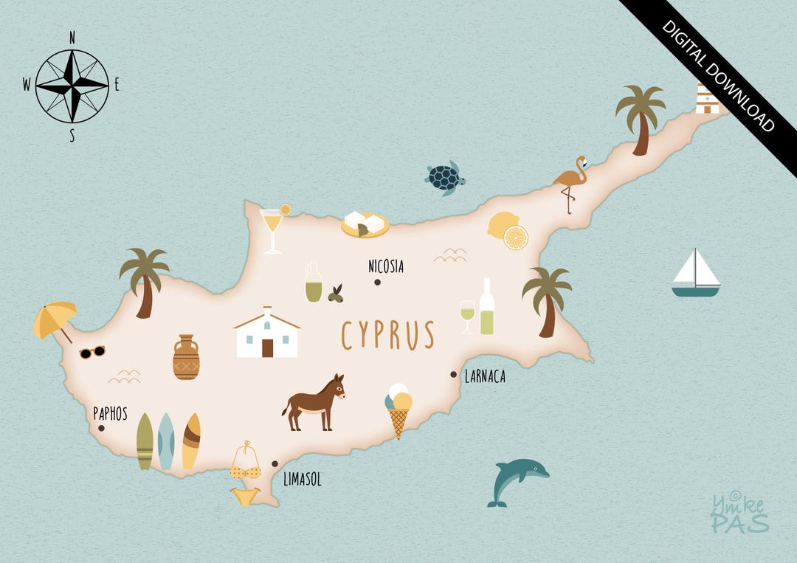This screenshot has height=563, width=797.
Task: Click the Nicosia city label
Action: click(x=386, y=266)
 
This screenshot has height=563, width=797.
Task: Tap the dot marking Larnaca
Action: click(x=454, y=374)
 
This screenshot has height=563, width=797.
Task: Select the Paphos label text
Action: click(x=110, y=414)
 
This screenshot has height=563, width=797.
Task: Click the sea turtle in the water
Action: click(x=445, y=178)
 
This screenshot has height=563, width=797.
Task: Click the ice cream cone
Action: click(x=398, y=410)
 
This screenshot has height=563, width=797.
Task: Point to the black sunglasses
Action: click(x=92, y=352)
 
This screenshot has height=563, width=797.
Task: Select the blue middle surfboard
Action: click(x=166, y=441)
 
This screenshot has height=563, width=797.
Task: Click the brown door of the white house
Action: click(x=267, y=348)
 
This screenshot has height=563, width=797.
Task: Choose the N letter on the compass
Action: click(x=72, y=37)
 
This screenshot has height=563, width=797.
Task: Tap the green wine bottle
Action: click(x=486, y=308)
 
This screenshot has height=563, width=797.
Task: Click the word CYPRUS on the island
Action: click(x=387, y=336)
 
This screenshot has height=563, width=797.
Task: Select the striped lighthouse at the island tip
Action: click(x=707, y=99)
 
